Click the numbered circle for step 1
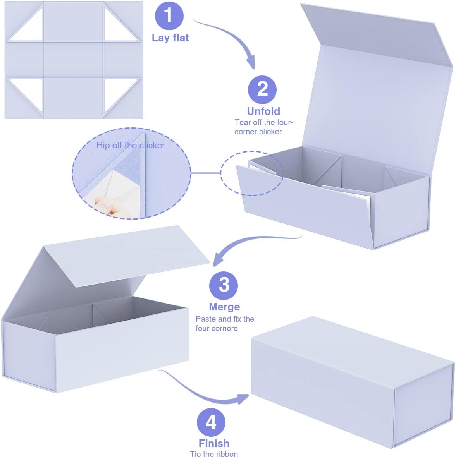(x=169, y=15)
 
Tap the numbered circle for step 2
(x=262, y=89)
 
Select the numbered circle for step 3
(x=224, y=285)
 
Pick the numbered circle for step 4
(x=211, y=422)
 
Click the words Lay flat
(x=170, y=38)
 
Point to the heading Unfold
(x=263, y=111)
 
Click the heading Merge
(x=224, y=307)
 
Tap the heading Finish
(x=214, y=443)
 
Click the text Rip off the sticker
(x=131, y=145)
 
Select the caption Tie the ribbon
(x=214, y=454)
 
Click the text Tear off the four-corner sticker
(x=264, y=127)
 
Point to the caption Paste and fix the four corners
(x=225, y=324)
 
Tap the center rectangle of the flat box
(x=73, y=60)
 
